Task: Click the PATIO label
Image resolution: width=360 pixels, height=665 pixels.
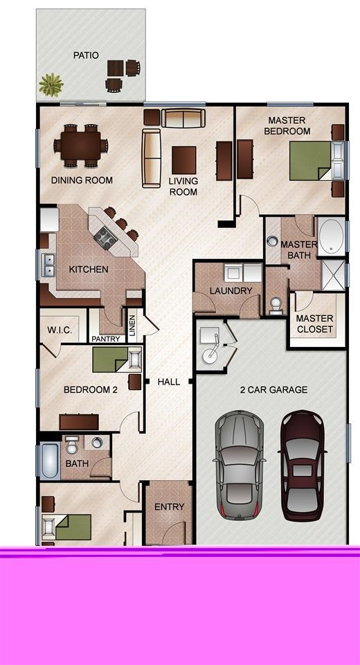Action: (x=86, y=55)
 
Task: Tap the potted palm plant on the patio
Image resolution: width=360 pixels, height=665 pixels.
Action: (x=51, y=85)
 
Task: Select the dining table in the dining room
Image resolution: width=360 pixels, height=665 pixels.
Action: (x=80, y=145)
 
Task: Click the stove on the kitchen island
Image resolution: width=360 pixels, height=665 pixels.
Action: (x=105, y=238)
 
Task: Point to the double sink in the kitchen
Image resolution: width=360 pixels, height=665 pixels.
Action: (x=48, y=265)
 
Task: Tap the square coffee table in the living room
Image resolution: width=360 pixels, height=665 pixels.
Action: (x=184, y=160)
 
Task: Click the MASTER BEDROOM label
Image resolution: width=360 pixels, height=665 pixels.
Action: (x=287, y=126)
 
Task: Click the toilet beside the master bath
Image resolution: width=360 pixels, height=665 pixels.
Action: (x=276, y=305)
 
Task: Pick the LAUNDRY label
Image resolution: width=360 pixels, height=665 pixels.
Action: (x=231, y=291)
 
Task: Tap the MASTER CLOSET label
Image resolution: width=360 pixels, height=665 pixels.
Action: (x=314, y=323)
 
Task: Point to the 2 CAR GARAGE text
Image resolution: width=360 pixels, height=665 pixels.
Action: (x=274, y=390)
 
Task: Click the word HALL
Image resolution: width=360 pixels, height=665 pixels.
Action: (x=169, y=382)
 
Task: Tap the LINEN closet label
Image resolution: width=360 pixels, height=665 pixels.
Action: (x=132, y=326)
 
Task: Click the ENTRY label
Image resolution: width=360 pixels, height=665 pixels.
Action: (x=170, y=507)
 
